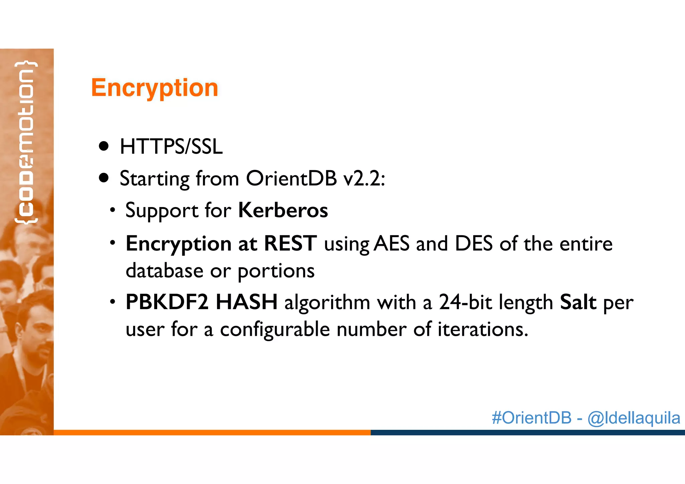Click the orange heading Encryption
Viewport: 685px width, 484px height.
pos(155,88)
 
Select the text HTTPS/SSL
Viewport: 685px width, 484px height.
pos(171,147)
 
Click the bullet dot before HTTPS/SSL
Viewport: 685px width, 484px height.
pos(104,146)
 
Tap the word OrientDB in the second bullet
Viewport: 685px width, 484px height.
pos(291,178)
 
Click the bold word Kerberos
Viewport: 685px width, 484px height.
pos(283,210)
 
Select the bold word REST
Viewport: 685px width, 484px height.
pos(290,243)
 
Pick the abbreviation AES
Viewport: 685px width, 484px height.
pos(391,244)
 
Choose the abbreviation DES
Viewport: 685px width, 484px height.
pos(474,244)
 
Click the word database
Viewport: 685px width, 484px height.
pos(164,270)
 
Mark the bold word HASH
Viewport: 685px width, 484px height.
pos(247,302)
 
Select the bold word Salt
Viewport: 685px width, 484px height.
pos(578,302)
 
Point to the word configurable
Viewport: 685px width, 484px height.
pos(275,329)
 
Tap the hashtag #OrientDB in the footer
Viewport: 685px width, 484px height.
pos(531,418)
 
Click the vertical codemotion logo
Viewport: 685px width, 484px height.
pos(26,142)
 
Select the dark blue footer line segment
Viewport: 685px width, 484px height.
pos(527,432)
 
